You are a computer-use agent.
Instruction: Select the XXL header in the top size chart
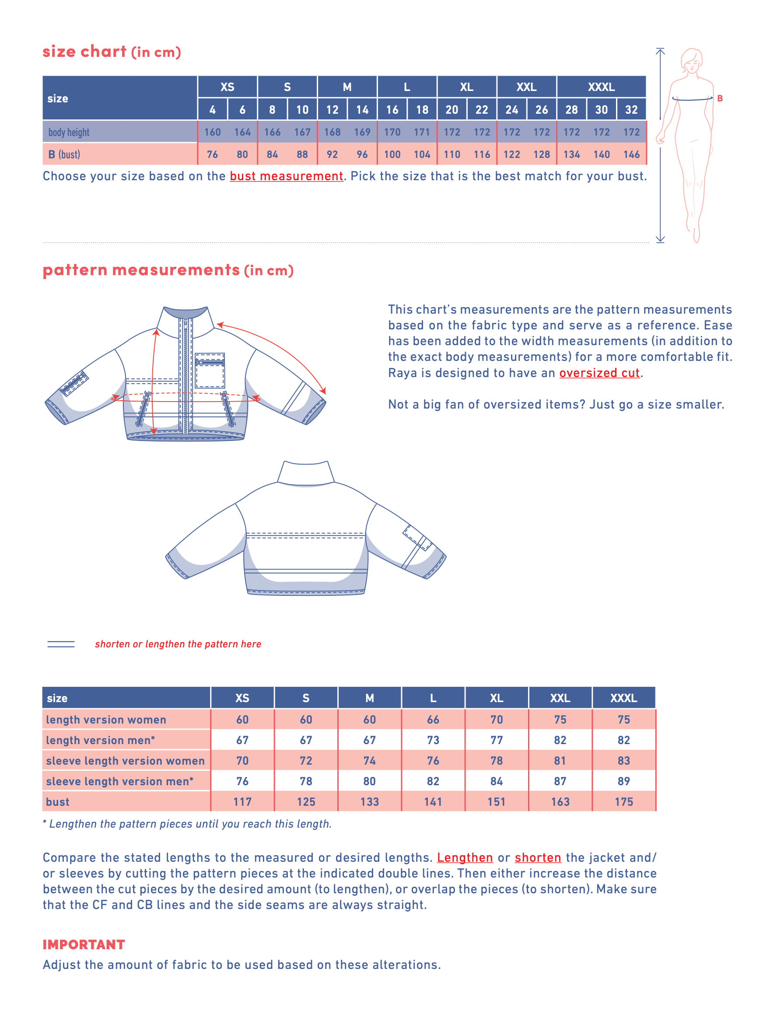pos(526,87)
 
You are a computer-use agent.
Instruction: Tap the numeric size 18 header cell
pos(422,110)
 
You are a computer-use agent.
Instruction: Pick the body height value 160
pos(212,132)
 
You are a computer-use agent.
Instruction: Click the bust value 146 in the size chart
pos(631,154)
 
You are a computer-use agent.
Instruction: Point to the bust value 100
pos(392,154)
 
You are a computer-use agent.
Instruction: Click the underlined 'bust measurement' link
pos(286,176)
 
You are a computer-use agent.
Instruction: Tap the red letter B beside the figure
pos(720,98)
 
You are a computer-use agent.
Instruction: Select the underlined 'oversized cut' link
pos(599,373)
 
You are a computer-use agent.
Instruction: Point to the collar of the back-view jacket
pos(306,473)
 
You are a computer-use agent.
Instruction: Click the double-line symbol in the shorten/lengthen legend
pos(61,644)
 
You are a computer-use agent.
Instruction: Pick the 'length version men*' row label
pos(100,740)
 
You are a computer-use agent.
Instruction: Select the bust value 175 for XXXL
pos(623,802)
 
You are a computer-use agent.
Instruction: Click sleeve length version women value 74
pos(369,761)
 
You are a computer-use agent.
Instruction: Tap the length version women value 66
pos(433,720)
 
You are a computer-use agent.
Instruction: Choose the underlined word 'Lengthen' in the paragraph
pos(465,857)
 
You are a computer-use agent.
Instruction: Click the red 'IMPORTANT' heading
pos(84,944)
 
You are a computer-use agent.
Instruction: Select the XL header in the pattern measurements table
pos(496,698)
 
